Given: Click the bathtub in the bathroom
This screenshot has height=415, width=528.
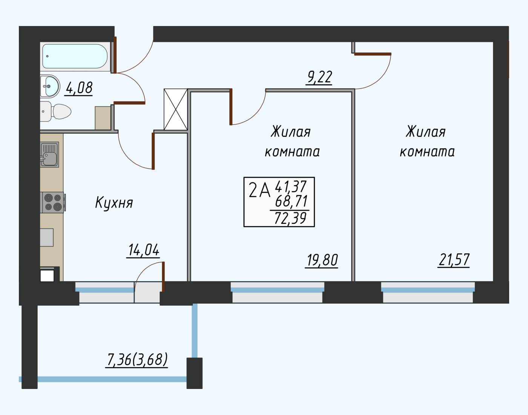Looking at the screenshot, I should click(75, 56).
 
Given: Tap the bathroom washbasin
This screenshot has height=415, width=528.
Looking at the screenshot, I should click(49, 86).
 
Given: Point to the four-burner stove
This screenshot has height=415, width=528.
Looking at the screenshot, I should click(53, 202).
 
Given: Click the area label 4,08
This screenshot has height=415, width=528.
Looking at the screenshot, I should click(79, 88).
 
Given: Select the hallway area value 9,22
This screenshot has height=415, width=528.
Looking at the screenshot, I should click(319, 77).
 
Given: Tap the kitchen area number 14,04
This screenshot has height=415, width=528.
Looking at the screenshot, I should click(144, 250).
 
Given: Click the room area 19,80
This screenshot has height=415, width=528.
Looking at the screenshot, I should click(322, 260).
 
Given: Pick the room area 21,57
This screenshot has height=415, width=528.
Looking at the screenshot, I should click(454, 260).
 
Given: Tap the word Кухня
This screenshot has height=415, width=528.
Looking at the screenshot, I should click(114, 203).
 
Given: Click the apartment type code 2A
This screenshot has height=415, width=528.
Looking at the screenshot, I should click(259, 191).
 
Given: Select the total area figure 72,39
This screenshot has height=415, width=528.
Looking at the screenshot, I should click(290, 218).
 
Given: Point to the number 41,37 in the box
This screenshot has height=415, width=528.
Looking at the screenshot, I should click(291, 186).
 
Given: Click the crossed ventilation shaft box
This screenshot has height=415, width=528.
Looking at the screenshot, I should click(176, 109).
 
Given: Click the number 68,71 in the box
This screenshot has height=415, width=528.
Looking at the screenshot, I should click(291, 201).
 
